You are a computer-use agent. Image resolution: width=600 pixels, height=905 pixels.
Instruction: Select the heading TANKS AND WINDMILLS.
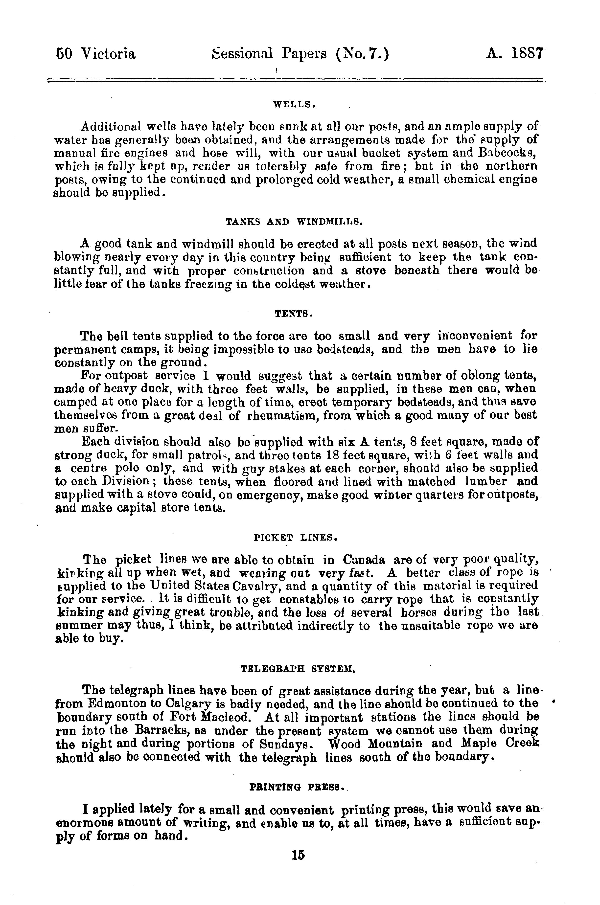(294, 222)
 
